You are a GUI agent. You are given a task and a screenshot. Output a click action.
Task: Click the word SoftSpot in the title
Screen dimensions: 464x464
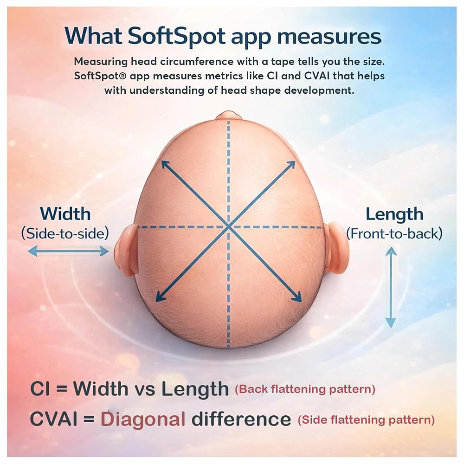click(x=177, y=37)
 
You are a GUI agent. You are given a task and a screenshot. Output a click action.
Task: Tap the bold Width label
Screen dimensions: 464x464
click(x=65, y=213)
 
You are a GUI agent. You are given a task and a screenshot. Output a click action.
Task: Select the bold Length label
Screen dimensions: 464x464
click(x=394, y=215)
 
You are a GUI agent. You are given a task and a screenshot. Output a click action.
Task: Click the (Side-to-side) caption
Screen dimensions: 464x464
click(x=65, y=233)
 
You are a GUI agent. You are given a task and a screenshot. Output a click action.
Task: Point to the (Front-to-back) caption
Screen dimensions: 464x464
click(x=394, y=234)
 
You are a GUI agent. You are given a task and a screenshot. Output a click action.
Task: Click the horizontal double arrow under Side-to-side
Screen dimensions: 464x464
click(x=68, y=251)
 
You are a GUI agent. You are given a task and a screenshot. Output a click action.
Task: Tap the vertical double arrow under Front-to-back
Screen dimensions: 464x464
click(x=391, y=288)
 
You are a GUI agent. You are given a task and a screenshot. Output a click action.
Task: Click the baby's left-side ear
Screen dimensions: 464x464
click(x=126, y=249)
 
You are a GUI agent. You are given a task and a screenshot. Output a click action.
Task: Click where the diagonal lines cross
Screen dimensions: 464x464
click(x=228, y=227)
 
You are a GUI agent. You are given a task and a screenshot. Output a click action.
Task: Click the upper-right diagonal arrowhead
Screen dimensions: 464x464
click(x=291, y=165)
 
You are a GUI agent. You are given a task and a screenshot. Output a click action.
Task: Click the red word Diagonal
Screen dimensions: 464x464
click(x=143, y=420)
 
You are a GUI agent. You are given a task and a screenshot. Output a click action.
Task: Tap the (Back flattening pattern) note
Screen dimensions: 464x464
click(x=305, y=389)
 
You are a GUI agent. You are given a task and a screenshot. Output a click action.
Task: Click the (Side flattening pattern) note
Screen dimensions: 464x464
click(x=367, y=419)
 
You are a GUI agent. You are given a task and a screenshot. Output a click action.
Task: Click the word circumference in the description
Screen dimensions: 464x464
click(x=197, y=62)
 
